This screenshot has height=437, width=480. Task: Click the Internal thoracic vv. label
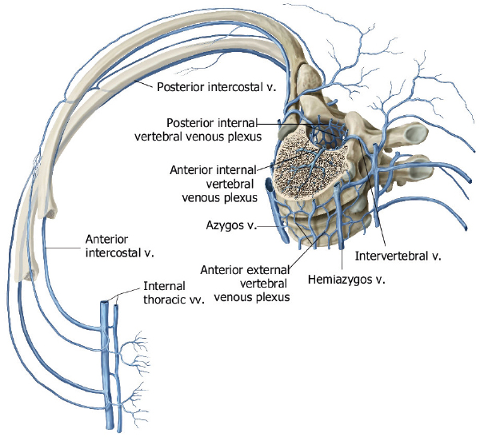[x=174, y=293]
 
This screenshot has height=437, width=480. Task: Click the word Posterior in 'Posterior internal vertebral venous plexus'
[x=191, y=123]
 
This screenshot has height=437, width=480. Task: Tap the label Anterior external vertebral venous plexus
[x=246, y=283]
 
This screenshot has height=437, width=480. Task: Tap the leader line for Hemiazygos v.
[x=343, y=256]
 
